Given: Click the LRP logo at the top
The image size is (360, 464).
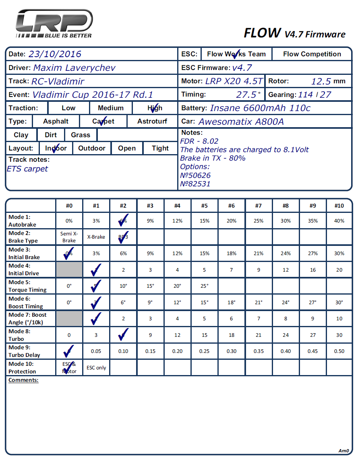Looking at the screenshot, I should point(54,24).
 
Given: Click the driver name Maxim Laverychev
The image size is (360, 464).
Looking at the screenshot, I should point(74,68).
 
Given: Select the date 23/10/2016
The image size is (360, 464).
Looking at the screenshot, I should point(55,54).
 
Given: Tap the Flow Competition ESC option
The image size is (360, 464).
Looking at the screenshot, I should point(312,54).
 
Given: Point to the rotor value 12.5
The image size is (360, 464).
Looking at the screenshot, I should point(321,81).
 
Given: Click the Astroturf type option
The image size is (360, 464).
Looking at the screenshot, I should point(152,121).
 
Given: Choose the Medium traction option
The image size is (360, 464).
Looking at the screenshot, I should point(110,108).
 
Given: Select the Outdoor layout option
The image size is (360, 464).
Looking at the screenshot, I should point(92,148).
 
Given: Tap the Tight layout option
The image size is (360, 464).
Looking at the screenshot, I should point(160,148).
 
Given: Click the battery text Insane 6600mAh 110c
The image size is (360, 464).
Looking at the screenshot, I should point(260,108).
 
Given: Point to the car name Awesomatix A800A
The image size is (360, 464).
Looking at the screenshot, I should point(241,122).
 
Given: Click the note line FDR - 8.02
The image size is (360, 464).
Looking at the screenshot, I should point(199,141).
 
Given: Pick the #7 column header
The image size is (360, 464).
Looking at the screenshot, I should point(259,206).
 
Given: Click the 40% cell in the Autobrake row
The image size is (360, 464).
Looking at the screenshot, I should point(339,221).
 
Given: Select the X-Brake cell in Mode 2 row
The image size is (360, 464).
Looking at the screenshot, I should point(96,237).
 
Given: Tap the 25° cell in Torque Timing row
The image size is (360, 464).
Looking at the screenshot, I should point(205,286).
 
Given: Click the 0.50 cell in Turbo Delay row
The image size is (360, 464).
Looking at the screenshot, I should point(339,351).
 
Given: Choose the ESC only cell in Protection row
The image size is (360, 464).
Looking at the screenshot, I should point(96,368).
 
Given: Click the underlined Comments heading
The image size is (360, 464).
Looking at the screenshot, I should point(23,380).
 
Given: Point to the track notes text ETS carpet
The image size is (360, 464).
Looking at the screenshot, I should point(27,169).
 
